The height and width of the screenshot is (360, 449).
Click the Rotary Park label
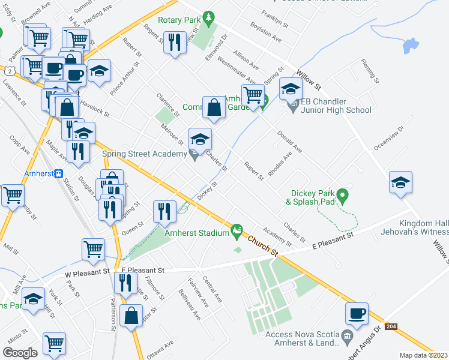[x=179, y=19]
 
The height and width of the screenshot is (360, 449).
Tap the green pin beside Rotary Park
[x=209, y=18]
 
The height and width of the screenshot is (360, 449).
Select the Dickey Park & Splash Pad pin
[x=342, y=195]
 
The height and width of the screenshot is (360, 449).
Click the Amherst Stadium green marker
[x=237, y=229]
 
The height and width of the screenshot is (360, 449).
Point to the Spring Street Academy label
[x=144, y=154]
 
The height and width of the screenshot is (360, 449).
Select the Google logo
[x=20, y=352]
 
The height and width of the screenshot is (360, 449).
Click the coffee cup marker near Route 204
[x=357, y=313]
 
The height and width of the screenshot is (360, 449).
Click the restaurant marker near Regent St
[x=175, y=42]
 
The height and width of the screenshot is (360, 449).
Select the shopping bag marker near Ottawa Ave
[x=131, y=316]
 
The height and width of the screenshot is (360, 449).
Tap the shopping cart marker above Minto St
[x=54, y=343]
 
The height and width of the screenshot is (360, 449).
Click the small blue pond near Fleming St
[x=410, y=45]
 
